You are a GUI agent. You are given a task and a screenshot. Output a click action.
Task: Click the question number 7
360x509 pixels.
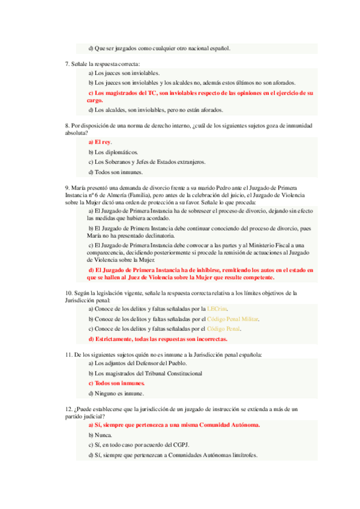point(67,64)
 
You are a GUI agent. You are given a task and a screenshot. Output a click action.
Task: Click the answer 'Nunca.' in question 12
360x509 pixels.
point(99,435)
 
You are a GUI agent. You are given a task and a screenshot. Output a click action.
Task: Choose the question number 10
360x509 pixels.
point(68,292)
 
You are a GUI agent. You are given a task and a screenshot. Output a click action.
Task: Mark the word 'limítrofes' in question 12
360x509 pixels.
point(240,455)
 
